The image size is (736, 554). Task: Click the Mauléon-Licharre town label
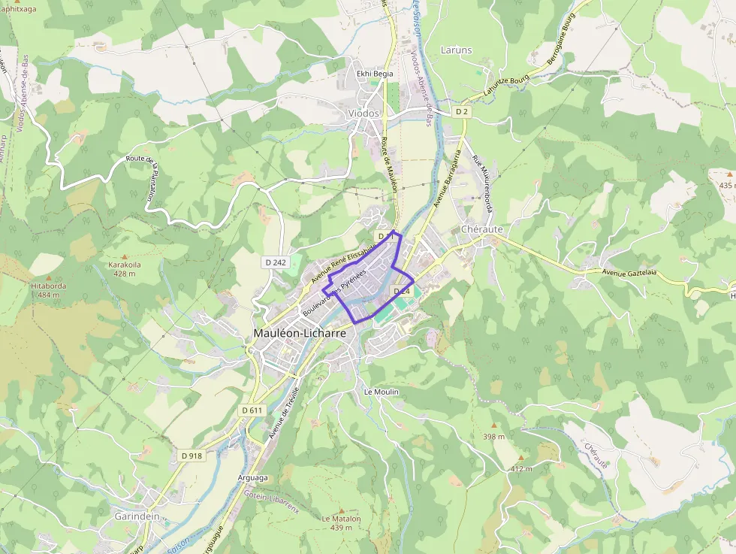click(x=299, y=332)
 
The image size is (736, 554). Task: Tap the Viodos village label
click(x=364, y=113)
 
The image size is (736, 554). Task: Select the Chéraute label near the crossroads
click(x=481, y=229)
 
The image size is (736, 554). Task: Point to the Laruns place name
click(x=457, y=50)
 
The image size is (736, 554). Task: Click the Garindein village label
click(x=137, y=516)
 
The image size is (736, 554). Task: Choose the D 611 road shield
click(x=253, y=410)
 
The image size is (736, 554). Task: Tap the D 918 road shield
click(x=192, y=456)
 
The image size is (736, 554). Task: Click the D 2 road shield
click(x=463, y=111)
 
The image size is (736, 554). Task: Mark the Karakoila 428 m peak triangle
click(x=125, y=256)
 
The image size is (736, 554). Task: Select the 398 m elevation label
click(x=493, y=437)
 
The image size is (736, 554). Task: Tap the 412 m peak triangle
click(x=521, y=458)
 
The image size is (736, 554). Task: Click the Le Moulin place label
click(x=381, y=392)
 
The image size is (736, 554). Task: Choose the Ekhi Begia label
click(x=375, y=74)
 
